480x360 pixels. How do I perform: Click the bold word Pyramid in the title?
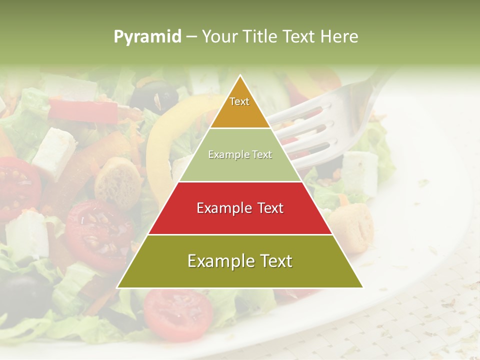tap(147, 36)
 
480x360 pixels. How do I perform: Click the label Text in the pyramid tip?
tap(239, 101)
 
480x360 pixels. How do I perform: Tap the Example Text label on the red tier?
tap(240, 208)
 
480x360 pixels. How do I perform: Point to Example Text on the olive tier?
tap(240, 261)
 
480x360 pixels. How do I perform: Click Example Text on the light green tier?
tap(240, 155)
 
